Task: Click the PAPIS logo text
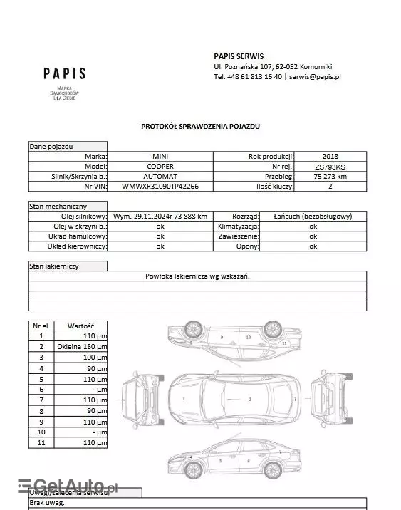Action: (x=64, y=73)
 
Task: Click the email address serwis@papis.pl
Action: (x=316, y=76)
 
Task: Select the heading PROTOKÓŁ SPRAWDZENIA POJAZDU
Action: (x=200, y=125)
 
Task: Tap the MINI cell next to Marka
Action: (x=160, y=156)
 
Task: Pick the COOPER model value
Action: (x=160, y=166)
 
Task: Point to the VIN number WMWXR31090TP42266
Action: (x=160, y=186)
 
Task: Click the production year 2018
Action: (x=330, y=156)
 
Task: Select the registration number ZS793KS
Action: (x=330, y=166)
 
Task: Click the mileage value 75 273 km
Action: (x=330, y=176)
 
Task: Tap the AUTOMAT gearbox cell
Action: (x=160, y=176)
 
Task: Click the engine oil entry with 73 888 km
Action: (x=160, y=216)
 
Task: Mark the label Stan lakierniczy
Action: (x=54, y=266)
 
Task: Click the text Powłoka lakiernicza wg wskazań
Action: (x=197, y=276)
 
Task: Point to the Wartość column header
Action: (x=81, y=325)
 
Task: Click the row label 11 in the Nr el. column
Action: (x=41, y=442)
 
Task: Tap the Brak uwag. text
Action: (x=47, y=503)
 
